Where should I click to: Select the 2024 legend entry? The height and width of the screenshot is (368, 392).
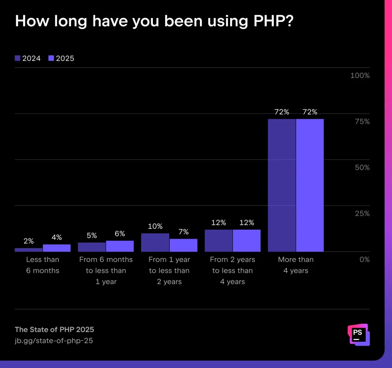pyautogui.click(x=27, y=58)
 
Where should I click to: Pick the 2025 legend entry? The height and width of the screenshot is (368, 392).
pyautogui.click(x=61, y=58)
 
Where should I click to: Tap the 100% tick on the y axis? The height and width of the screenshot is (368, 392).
pyautogui.click(x=359, y=76)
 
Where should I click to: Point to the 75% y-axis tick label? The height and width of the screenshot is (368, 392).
pyautogui.click(x=361, y=121)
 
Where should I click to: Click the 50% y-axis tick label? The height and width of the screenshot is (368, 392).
pyautogui.click(x=361, y=167)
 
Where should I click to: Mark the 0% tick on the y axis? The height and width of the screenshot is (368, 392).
pyautogui.click(x=364, y=259)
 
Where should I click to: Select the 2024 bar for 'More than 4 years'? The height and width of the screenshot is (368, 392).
pyautogui.click(x=281, y=185)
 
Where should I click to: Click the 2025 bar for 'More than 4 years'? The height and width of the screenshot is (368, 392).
pyautogui.click(x=310, y=185)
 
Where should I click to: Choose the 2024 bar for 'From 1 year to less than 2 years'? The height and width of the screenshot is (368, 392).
pyautogui.click(x=155, y=242)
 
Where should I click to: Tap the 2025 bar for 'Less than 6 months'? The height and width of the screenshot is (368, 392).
pyautogui.click(x=56, y=248)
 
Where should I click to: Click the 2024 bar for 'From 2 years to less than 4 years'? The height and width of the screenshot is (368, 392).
pyautogui.click(x=218, y=240)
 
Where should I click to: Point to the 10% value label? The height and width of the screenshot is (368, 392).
pyautogui.click(x=155, y=227)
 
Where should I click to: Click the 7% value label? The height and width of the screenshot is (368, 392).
pyautogui.click(x=183, y=232)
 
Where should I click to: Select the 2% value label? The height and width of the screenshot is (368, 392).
pyautogui.click(x=29, y=241)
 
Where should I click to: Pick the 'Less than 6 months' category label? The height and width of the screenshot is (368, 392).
pyautogui.click(x=43, y=265)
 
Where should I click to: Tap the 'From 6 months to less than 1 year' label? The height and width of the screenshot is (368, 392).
pyautogui.click(x=106, y=270)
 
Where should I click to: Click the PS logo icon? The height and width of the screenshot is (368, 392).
pyautogui.click(x=358, y=334)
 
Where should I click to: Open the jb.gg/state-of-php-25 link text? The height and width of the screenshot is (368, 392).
pyautogui.click(x=54, y=341)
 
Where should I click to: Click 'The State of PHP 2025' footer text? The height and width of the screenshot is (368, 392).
pyautogui.click(x=54, y=329)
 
